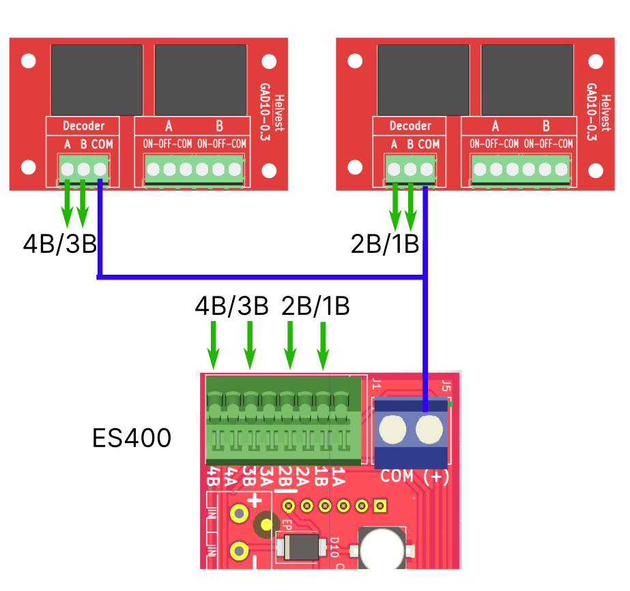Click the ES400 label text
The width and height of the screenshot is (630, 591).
tap(132, 438)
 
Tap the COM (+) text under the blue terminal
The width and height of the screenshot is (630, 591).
tap(414, 476)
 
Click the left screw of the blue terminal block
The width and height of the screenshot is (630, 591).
tap(392, 429)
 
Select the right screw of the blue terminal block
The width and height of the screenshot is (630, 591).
tap(429, 429)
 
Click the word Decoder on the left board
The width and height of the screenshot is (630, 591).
tap(83, 126)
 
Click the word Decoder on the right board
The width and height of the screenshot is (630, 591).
tap(410, 126)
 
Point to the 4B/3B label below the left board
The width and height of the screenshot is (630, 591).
tap(60, 243)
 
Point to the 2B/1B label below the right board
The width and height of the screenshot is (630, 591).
tap(385, 243)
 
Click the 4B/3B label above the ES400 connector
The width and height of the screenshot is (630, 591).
tap(231, 306)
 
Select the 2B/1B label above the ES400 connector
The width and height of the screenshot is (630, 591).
tap(315, 306)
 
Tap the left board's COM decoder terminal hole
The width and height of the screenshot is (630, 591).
tap(100, 169)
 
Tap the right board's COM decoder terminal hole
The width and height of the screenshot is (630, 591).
tap(427, 169)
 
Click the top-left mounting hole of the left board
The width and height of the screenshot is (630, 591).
tap(28, 61)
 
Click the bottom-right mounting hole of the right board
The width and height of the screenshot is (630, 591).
tap(595, 170)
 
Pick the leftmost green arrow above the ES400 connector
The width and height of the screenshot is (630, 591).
tap(214, 346)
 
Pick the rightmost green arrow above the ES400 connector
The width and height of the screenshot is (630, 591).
tap(323, 346)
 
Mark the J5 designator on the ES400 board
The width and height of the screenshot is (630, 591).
tap(446, 386)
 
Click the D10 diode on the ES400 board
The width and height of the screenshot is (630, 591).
tap(301, 547)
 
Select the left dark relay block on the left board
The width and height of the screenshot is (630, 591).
tap(97, 80)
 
